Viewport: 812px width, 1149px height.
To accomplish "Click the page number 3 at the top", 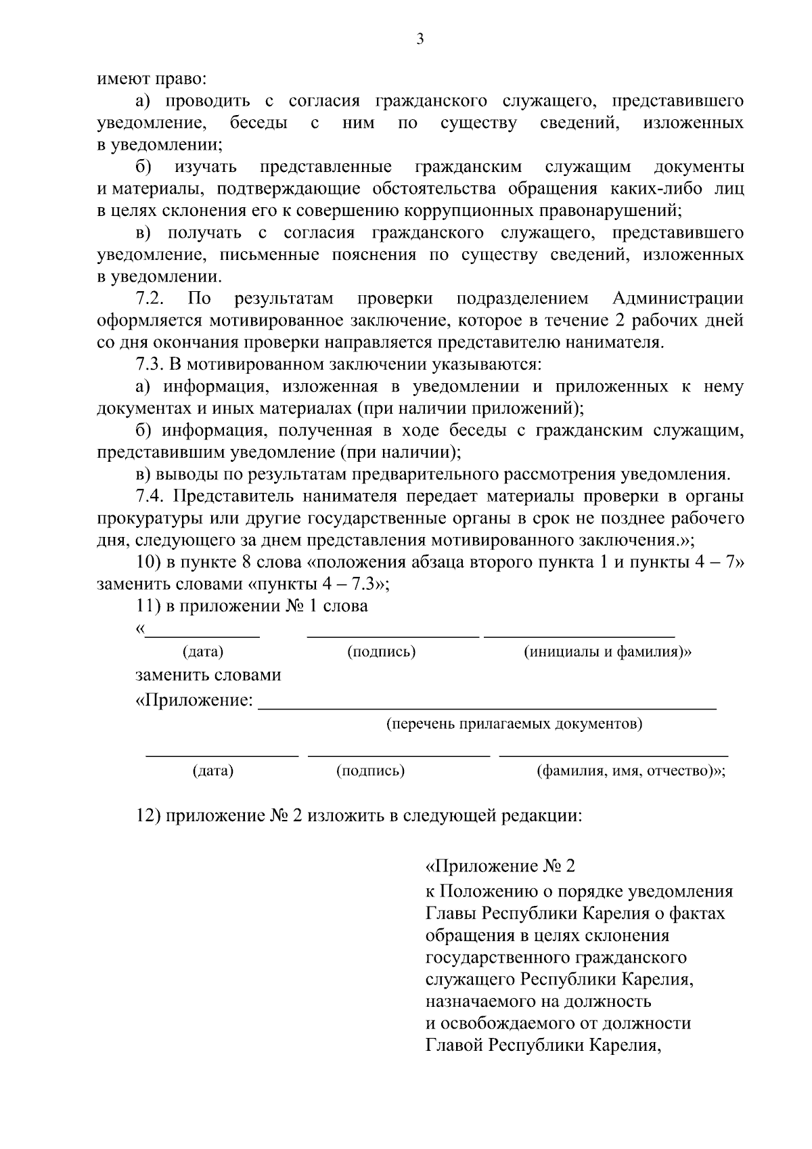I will (x=420, y=39).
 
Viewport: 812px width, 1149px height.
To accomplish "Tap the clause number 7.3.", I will (x=148, y=365).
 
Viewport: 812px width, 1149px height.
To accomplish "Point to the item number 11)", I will (x=148, y=606).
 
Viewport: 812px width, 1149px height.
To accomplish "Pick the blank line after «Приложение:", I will (x=487, y=707).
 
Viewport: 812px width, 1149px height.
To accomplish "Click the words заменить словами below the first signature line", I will (x=208, y=675).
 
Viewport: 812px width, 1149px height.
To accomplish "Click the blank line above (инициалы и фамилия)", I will (x=579, y=636).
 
